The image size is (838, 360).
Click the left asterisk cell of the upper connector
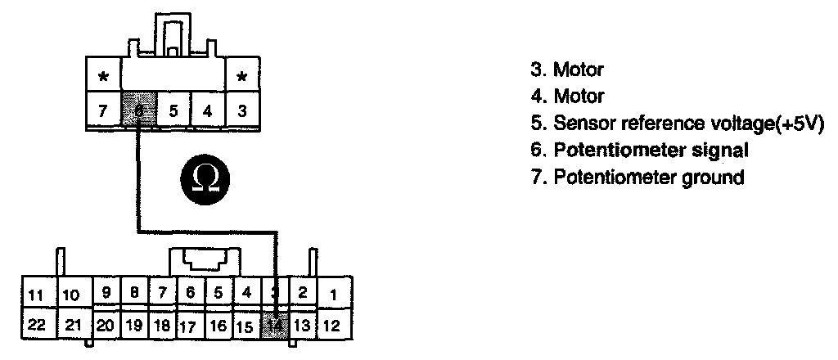(103, 79)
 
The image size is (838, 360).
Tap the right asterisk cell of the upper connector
(242, 79)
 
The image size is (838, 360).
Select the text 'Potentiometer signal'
(651, 151)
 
